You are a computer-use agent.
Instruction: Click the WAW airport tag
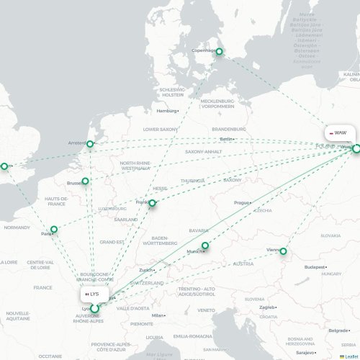coord(338,133)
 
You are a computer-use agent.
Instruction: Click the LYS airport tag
coord(92,294)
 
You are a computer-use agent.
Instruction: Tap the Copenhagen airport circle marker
coord(220,51)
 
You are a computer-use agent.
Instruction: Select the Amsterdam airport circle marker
coord(90,144)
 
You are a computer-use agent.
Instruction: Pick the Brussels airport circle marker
coord(85,181)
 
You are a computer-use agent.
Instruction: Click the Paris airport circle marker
coord(53,230)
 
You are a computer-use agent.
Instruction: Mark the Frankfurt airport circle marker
coord(152,203)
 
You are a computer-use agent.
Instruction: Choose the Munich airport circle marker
coord(205,246)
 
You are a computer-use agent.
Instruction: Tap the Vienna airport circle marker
coord(283,251)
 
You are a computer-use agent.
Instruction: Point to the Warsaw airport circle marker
coord(356,148)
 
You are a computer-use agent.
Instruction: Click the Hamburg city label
coord(166,111)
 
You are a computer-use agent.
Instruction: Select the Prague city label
coord(241,203)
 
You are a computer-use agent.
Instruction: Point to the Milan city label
coord(158,315)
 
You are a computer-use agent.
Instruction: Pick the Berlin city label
coord(227,138)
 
